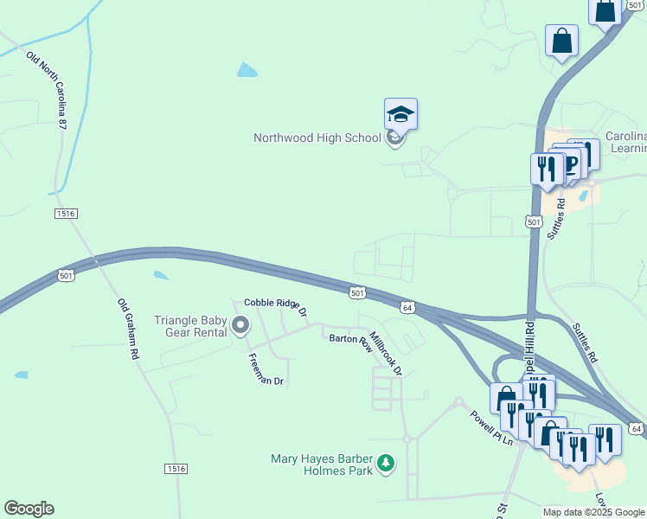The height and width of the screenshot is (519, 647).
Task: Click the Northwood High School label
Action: click(x=317, y=138)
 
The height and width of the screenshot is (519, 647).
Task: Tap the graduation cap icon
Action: click(x=400, y=113)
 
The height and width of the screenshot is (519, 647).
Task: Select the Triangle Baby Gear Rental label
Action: click(x=190, y=326)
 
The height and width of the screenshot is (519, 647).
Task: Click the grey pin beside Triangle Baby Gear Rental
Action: click(x=240, y=325)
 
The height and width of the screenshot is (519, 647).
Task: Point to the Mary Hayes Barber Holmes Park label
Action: click(x=321, y=465)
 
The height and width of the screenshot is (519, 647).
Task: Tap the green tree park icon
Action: click(x=386, y=465)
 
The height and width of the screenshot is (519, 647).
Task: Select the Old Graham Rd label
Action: click(x=128, y=330)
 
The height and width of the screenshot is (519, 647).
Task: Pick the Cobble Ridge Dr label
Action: click(x=275, y=304)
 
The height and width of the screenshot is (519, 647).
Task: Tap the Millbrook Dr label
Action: click(x=386, y=353)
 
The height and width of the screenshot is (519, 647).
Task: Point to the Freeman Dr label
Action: click(x=266, y=369)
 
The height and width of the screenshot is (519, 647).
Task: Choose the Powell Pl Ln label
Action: click(x=491, y=427)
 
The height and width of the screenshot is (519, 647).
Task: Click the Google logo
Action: click(x=29, y=509)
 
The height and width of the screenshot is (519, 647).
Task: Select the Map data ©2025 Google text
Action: click(x=593, y=512)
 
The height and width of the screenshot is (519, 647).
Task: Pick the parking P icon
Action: click(x=570, y=163)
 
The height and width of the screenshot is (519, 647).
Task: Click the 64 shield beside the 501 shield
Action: click(x=407, y=307)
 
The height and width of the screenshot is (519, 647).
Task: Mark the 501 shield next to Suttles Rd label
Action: click(x=534, y=222)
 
